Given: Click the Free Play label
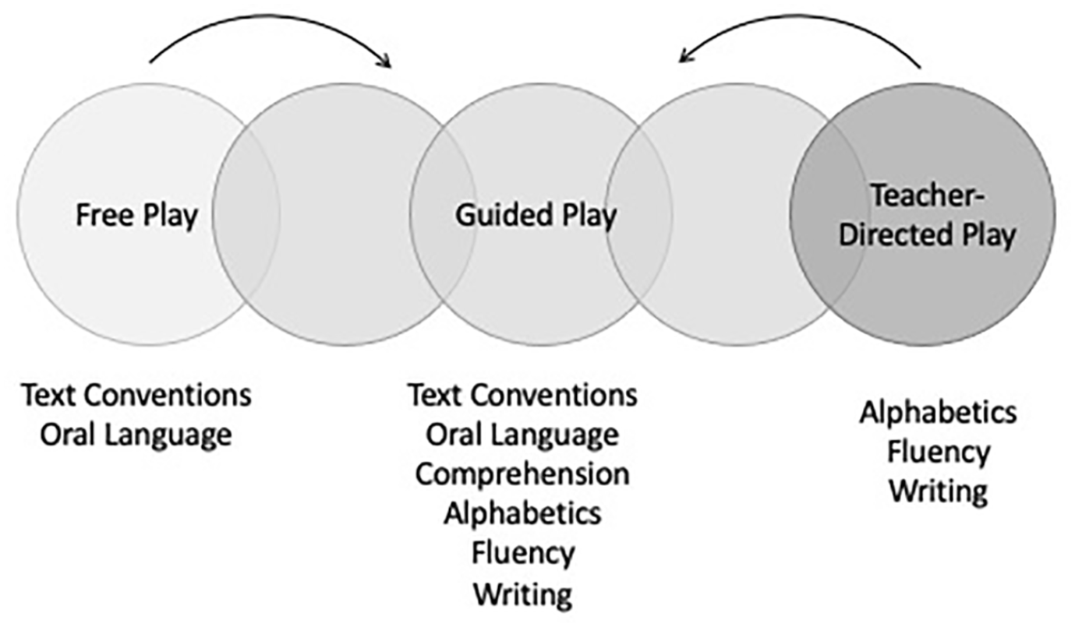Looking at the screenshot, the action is (136, 215).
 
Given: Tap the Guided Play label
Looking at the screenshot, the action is (536, 215).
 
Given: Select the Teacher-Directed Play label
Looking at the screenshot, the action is (927, 216).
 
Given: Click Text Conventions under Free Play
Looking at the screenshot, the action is (136, 396).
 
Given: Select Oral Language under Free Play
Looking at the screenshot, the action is (136, 435).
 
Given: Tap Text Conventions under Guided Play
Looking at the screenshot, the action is (523, 396).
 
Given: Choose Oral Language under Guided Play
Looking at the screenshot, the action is (522, 435).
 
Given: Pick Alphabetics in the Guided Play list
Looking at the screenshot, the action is (522, 513).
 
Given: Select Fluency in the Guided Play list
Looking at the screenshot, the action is (523, 554).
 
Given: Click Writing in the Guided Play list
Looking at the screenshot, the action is (523, 594).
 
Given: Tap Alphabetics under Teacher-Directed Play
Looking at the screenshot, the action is (939, 413).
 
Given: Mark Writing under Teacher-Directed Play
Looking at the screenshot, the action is (939, 491).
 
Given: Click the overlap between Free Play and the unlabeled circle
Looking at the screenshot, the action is (246, 214).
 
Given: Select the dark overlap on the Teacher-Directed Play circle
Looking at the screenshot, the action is (827, 214).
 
